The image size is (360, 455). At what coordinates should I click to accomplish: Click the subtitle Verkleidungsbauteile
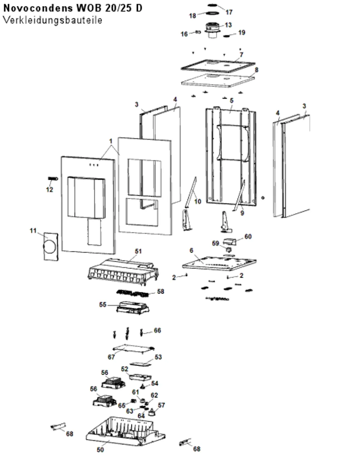coord(53,20)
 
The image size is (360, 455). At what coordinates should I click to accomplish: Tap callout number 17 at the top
coord(229,12)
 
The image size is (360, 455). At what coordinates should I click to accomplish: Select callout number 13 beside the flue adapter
coord(228,25)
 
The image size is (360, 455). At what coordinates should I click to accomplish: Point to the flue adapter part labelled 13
coord(212,30)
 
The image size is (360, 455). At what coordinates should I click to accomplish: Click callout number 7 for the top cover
coord(242,55)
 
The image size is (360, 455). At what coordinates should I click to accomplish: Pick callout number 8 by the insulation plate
coord(256,70)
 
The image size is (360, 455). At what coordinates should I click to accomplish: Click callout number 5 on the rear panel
coord(231,101)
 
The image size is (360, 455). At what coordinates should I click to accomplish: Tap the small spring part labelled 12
coord(53,179)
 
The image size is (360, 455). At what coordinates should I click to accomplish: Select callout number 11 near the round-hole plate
coord(33,231)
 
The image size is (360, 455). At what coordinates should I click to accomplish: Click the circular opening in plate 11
coord(49,247)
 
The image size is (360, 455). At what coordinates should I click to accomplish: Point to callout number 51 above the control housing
coord(138,251)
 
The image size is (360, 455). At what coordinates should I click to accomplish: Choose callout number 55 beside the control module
coord(103,305)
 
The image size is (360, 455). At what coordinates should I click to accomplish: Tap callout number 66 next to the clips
coord(157,330)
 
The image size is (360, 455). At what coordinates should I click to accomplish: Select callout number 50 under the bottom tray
coord(100,450)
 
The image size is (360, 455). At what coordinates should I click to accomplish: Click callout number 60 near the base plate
coord(248,236)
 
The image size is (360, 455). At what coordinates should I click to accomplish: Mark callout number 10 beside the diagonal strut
coord(198,201)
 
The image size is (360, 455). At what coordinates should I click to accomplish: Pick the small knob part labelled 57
coord(151,412)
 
